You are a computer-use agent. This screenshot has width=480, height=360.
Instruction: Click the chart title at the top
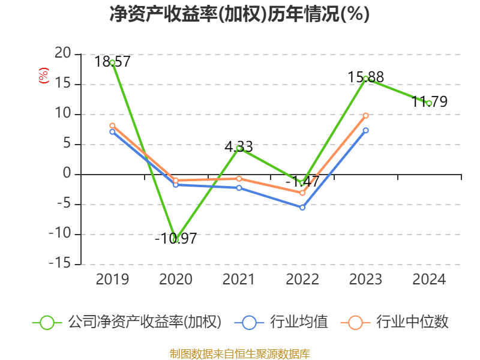point(239,14)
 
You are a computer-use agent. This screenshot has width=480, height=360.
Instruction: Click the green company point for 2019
point(112,62)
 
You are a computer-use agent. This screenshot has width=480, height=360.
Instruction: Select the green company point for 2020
point(176,239)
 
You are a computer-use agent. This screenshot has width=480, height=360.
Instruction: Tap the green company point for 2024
point(429,103)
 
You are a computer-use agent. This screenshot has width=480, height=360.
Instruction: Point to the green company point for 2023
point(365,79)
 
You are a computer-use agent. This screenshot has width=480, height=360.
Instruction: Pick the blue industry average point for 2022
point(302,208)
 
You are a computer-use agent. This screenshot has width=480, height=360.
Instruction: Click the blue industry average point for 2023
point(365,130)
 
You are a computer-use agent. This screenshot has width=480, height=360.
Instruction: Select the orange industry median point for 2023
point(365,115)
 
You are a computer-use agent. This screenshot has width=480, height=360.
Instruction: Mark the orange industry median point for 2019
point(112,125)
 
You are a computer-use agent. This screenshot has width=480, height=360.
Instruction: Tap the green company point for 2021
point(239,148)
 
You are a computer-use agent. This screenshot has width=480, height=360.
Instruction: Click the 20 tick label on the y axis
point(62,54)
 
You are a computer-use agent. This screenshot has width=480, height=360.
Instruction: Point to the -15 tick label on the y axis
point(59,264)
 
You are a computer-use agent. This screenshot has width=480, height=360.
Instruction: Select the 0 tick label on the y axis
point(67,174)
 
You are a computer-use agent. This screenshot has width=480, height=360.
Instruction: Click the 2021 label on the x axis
point(239,280)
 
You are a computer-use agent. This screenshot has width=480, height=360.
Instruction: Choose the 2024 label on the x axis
point(429,280)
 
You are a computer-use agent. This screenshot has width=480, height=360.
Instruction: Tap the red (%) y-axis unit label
point(43,76)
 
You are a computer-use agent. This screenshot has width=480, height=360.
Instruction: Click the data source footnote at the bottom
point(239,353)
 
